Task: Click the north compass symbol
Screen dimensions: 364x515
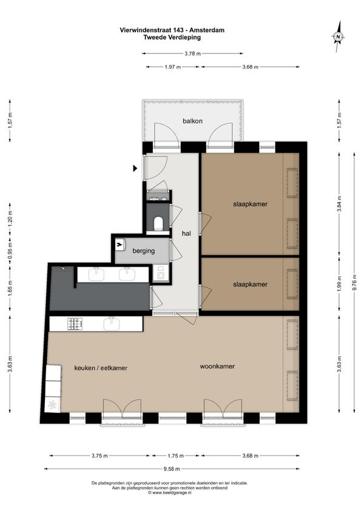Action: pos(338,36)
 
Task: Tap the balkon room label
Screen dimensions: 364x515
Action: pos(193,121)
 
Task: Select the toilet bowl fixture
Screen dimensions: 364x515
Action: pos(158,223)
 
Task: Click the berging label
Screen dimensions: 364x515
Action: pos(143,251)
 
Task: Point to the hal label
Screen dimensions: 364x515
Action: pos(186,233)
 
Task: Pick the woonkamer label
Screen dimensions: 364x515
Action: pos(217,366)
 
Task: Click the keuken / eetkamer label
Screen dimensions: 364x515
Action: pos(101,368)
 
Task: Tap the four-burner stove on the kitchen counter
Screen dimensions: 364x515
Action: pos(75,324)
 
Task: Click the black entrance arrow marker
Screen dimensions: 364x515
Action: pos(135,168)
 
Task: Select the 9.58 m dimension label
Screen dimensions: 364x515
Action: pos(172,469)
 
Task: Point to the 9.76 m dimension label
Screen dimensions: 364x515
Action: pos(354,282)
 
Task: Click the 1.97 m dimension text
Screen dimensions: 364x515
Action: pos(173,67)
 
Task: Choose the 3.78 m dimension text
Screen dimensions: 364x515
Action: pos(193,53)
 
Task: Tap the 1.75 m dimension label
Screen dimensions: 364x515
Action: pos(175,455)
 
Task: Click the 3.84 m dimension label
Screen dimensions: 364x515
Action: pos(339,204)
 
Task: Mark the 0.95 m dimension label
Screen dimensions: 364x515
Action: pos(10,250)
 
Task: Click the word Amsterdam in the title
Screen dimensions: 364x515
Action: pos(209,30)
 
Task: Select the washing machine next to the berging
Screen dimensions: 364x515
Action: pos(161,273)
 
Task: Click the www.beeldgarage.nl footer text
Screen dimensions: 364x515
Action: pos(172,493)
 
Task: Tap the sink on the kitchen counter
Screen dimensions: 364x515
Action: pos(112,324)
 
